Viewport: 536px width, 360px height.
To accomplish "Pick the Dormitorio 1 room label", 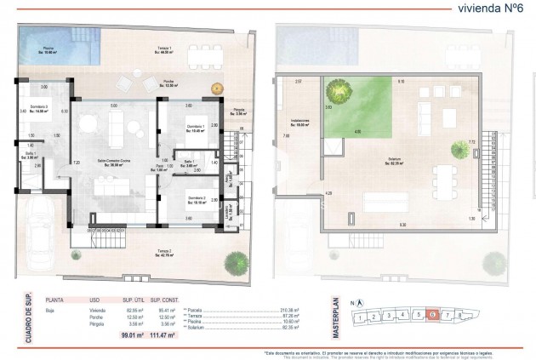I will click(x=197, y=129).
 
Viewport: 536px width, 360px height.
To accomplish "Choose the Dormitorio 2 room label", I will click(x=197, y=201).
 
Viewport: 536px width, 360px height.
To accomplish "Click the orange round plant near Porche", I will click(x=216, y=87).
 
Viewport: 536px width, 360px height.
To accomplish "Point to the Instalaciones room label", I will click(x=305, y=123).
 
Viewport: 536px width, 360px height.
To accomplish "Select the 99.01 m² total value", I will click(x=129, y=338).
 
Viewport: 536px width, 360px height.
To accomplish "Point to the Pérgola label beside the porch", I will click(x=239, y=111).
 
